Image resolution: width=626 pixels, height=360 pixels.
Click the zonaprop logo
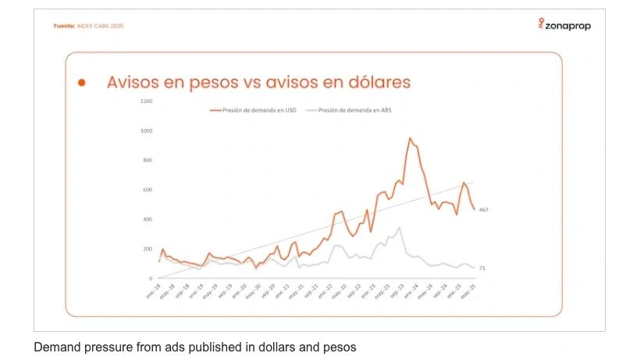(564, 25)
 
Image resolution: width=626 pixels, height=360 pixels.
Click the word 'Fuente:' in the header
(64, 26)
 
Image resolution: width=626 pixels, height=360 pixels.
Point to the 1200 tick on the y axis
(146, 102)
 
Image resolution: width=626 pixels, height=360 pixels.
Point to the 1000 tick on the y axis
(146, 131)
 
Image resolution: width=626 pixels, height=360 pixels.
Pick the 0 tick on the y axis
(151, 278)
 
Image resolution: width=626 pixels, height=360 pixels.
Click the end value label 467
(483, 210)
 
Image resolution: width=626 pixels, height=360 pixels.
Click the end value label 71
(482, 269)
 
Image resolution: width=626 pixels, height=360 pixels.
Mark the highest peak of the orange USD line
(410, 138)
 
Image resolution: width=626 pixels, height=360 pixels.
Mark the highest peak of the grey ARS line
(399, 227)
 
